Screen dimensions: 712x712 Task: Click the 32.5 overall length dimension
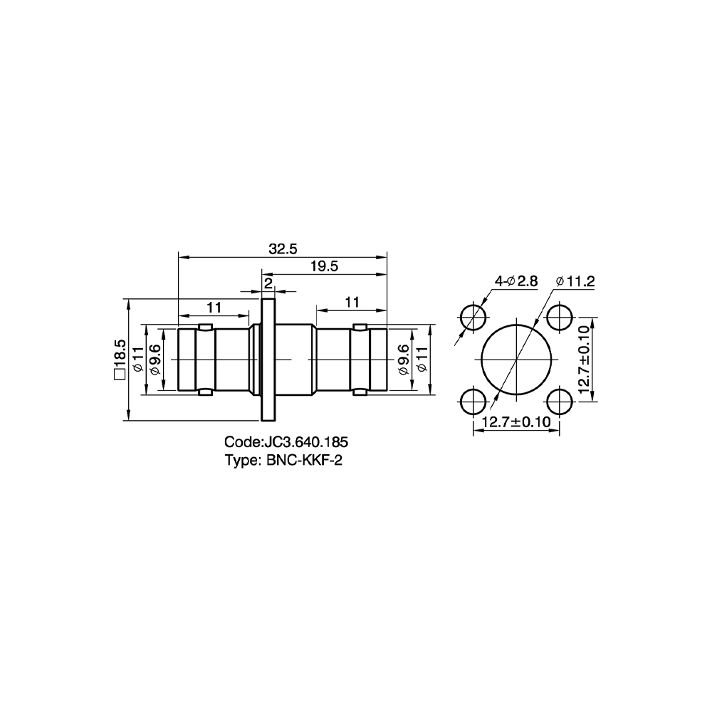tap(283, 248)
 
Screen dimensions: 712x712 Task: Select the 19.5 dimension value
tap(324, 266)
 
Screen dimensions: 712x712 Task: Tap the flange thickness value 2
tap(268, 283)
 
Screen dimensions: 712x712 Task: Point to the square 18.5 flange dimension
tap(120, 359)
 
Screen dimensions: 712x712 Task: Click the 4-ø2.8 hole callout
tap(515, 281)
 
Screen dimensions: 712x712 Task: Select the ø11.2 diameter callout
tap(575, 281)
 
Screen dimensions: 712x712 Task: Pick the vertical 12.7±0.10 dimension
tap(585, 359)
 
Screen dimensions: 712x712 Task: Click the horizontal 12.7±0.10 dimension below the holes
tap(515, 422)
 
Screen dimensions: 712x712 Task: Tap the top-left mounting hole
tap(473, 317)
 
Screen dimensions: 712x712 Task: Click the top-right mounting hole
tap(560, 317)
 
